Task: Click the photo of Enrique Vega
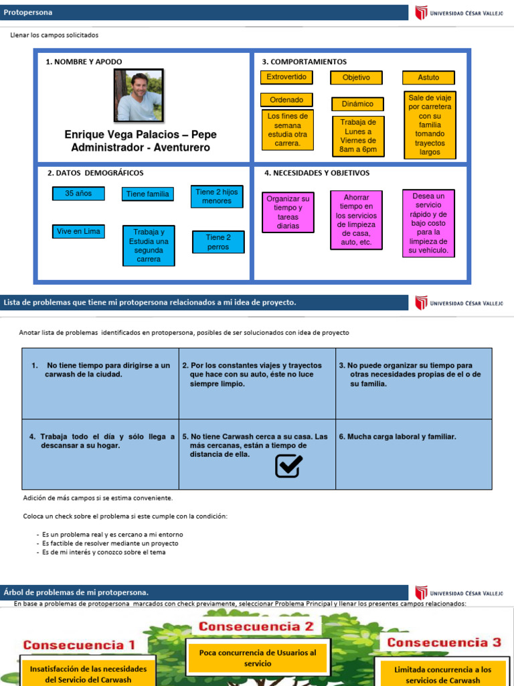tap(139, 96)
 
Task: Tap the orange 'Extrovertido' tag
tap(286, 78)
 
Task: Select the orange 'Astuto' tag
tap(428, 78)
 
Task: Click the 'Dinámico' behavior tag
tap(357, 105)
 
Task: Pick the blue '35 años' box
tap(78, 194)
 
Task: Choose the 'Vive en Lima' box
tap(78, 232)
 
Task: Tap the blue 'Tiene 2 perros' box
tap(218, 242)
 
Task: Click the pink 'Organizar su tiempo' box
tap(288, 212)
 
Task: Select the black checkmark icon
tap(288, 466)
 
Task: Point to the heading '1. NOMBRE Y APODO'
tap(84, 62)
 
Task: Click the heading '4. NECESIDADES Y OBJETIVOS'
tap(317, 173)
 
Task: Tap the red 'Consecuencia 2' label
tap(254, 627)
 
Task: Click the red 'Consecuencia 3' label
tap(444, 642)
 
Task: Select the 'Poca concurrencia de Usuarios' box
tap(258, 657)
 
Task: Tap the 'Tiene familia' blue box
tap(148, 194)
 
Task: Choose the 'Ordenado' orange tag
tap(286, 100)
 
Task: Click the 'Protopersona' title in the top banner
tap(28, 13)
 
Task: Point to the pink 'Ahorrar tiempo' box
tap(357, 220)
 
